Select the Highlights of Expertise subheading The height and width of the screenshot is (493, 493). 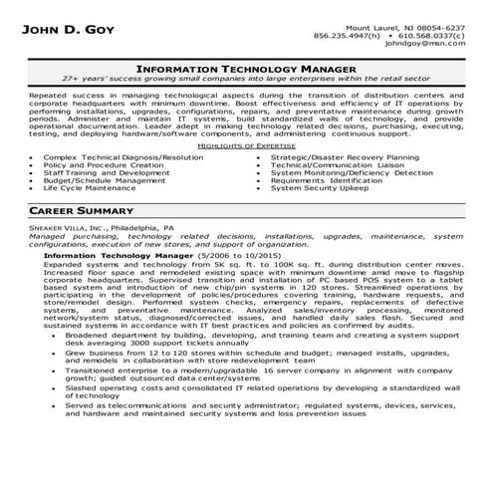click(x=246, y=145)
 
